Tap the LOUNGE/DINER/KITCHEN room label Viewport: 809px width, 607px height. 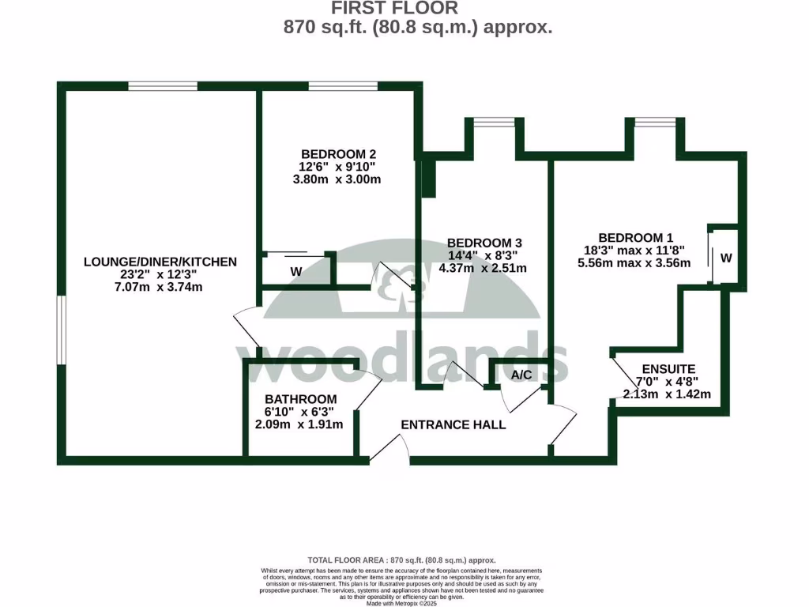[149, 262]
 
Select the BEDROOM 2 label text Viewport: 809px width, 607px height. [338, 154]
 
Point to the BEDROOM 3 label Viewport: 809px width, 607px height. [486, 243]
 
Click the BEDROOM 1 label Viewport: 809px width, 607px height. [635, 237]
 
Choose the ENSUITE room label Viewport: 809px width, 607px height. [668, 369]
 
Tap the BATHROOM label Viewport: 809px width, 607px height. [300, 399]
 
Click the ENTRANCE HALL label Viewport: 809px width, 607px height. [453, 424]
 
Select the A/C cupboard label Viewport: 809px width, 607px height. [521, 374]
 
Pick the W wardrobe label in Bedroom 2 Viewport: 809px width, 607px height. [296, 271]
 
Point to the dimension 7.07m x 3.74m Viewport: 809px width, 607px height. [149, 287]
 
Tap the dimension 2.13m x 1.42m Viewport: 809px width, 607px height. [667, 394]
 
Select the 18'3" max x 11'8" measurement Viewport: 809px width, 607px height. [634, 250]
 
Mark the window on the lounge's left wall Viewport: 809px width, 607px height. [60, 330]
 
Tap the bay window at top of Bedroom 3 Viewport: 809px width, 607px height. [494, 123]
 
